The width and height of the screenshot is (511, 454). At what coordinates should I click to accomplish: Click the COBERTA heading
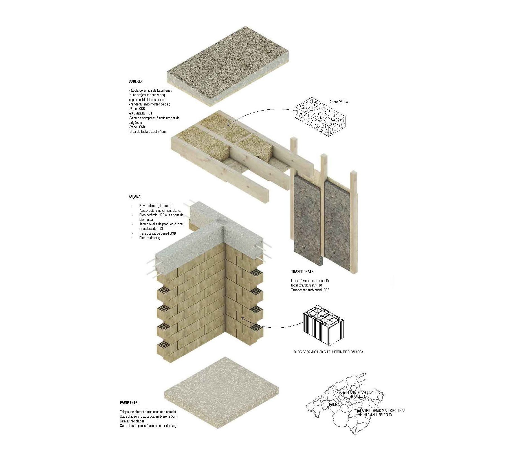[x=136, y=81]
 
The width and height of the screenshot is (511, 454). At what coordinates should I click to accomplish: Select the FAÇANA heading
[x=135, y=197]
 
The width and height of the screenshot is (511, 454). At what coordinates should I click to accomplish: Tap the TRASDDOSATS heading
[x=303, y=272]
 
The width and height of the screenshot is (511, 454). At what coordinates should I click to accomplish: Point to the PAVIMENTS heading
[x=129, y=403]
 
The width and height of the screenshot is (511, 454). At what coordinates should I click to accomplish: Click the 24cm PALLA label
[x=338, y=102]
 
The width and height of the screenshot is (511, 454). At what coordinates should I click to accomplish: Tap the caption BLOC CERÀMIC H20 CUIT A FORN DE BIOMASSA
[x=328, y=352]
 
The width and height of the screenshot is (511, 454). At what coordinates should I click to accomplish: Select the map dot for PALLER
[x=351, y=396]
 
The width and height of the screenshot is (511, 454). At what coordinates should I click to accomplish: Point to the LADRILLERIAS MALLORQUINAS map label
[x=383, y=411]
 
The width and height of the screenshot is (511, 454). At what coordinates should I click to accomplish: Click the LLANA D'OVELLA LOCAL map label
[x=364, y=393]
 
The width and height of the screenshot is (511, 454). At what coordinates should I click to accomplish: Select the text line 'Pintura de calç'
[x=149, y=238]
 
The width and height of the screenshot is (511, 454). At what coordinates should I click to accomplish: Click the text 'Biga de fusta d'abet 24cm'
[x=147, y=131]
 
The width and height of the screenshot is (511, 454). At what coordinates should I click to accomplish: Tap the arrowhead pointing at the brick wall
[x=243, y=318]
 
